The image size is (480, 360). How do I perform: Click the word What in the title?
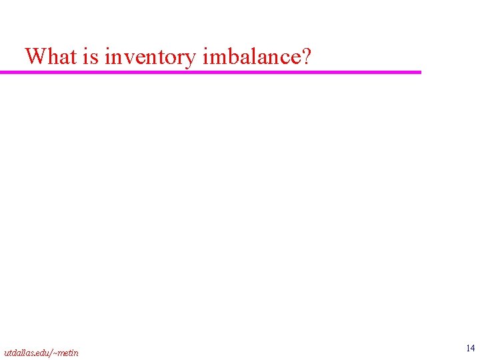click(51, 56)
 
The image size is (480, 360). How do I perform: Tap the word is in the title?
click(91, 56)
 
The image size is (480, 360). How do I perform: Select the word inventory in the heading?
click(151, 57)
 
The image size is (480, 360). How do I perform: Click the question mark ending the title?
click(306, 56)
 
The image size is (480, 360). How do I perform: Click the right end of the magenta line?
click(420, 72)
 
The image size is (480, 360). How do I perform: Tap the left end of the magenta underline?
click(2, 72)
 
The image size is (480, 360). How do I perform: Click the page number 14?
click(471, 348)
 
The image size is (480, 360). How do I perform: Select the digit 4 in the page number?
click(473, 348)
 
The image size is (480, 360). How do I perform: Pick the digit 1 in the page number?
click(468, 348)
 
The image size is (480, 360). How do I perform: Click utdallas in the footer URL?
click(17, 353)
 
